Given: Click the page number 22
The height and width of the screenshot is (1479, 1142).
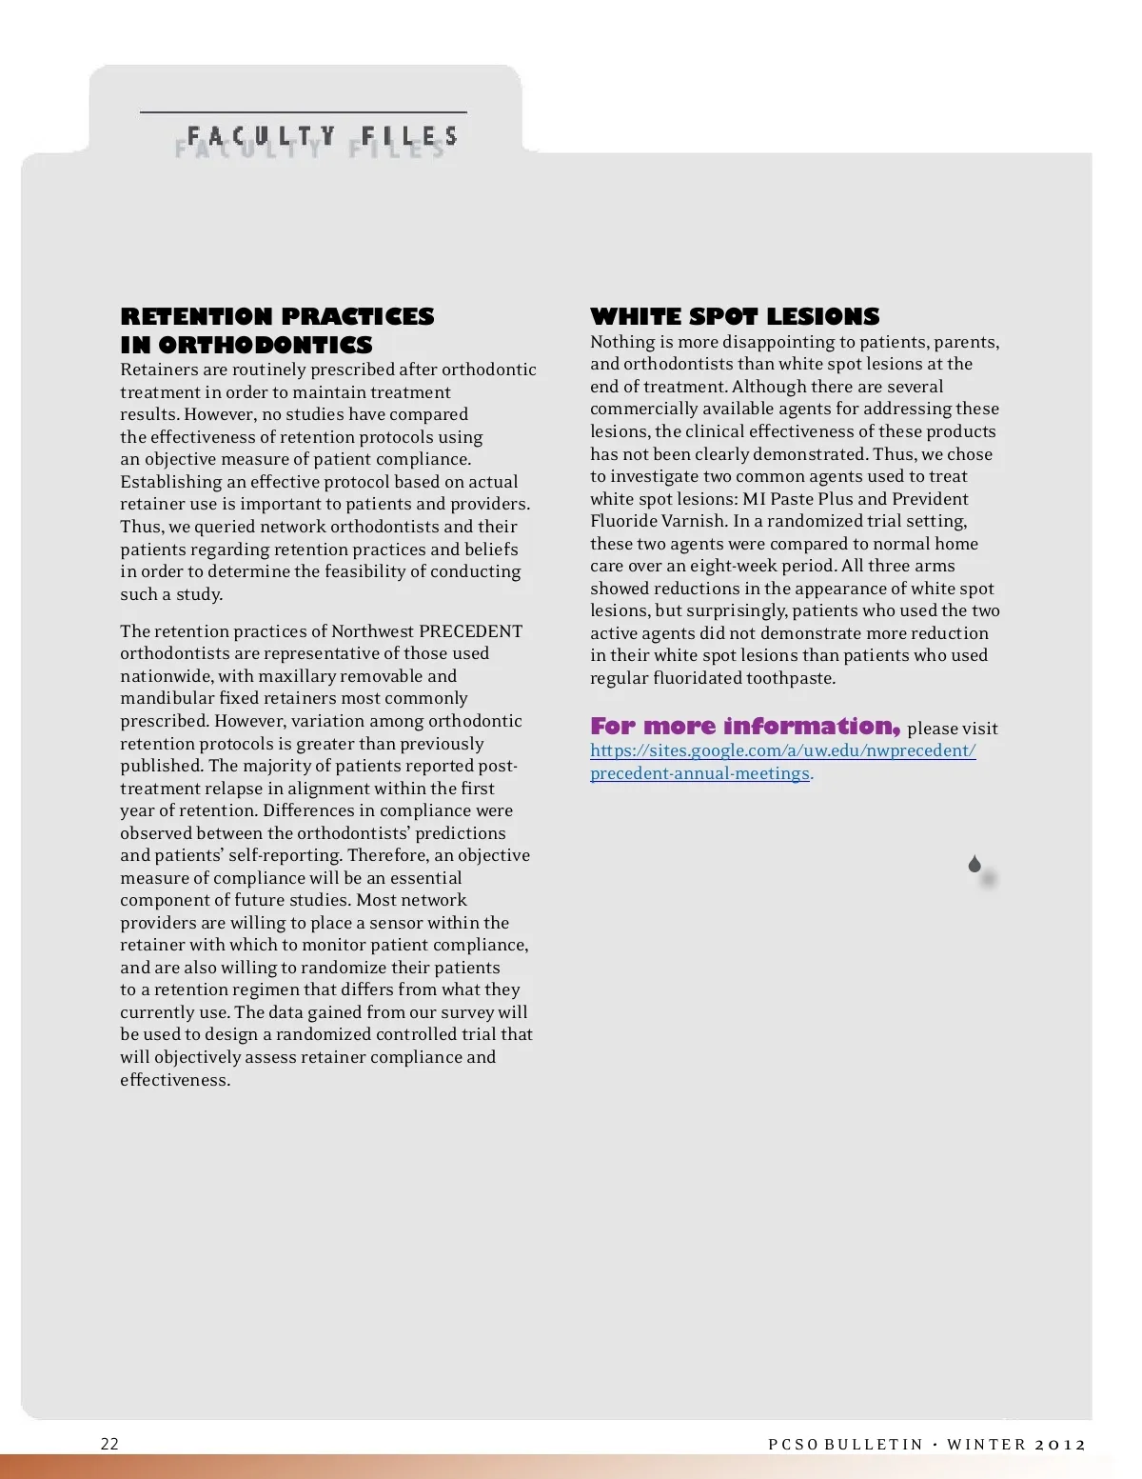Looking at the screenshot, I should tap(109, 1444).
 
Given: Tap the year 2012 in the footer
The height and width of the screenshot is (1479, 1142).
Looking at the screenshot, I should tap(1060, 1444).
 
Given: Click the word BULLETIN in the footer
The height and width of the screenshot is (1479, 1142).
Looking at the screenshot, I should tap(874, 1444).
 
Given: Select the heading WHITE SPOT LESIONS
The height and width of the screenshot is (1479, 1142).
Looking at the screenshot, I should tap(735, 316).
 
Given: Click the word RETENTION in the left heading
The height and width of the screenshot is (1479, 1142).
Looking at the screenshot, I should tap(196, 316).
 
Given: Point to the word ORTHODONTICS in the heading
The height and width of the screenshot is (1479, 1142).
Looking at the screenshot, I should tap(266, 345).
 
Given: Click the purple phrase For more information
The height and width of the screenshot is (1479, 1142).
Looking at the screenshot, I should tap(744, 727).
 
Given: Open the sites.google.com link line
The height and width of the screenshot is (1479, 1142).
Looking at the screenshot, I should tap(782, 750).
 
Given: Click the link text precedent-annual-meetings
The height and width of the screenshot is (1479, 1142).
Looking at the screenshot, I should tap(699, 773).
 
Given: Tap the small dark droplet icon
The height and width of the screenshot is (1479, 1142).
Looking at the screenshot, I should tap(975, 864).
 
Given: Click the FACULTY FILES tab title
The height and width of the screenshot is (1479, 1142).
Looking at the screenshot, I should tap(323, 136).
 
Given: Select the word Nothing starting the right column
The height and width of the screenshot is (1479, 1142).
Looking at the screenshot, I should tap(622, 342).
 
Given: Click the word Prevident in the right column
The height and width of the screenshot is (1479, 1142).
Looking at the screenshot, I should tap(930, 499).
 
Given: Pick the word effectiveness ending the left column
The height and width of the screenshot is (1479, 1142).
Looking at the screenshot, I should tap(174, 1080).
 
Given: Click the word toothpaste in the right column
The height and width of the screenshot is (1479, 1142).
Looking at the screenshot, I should tap(790, 678).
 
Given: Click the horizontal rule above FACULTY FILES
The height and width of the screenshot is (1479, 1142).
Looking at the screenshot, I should tap(304, 112).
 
